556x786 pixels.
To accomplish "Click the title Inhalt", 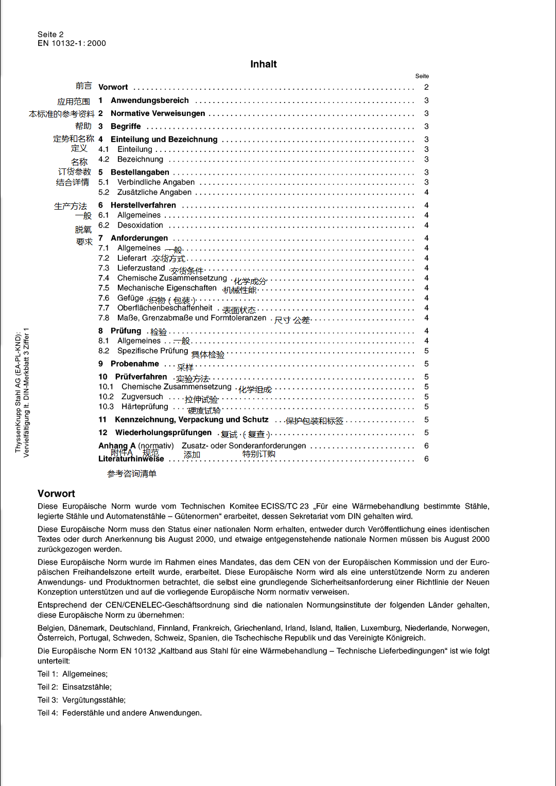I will [x=264, y=64].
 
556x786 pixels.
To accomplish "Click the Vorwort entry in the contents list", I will [x=113, y=87].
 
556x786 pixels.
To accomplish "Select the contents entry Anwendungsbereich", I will [x=149, y=100].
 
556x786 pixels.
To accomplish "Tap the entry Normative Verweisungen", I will [x=158, y=113].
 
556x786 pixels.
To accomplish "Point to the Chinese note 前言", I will [x=83, y=86].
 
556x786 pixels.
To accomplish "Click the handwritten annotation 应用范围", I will [x=74, y=101].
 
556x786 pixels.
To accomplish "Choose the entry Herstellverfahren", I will [x=143, y=205].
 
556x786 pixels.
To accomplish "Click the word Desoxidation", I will [x=140, y=225].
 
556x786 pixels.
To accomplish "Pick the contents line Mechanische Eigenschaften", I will [x=167, y=288].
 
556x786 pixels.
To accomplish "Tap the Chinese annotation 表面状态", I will [x=239, y=310].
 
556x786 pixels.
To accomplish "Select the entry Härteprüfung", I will [x=145, y=406].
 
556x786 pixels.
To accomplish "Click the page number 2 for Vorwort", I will [x=426, y=87].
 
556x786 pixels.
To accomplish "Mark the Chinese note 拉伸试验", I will [x=201, y=400].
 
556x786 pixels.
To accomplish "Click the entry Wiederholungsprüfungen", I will [x=163, y=433].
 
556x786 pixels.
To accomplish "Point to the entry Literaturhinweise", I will [x=131, y=459].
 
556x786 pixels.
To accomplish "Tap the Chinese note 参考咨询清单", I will [x=131, y=474].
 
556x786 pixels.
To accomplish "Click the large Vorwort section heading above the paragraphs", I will [x=56, y=493].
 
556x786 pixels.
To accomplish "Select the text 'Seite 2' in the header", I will [x=50, y=35].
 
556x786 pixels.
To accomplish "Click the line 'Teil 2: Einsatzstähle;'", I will [x=75, y=687].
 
